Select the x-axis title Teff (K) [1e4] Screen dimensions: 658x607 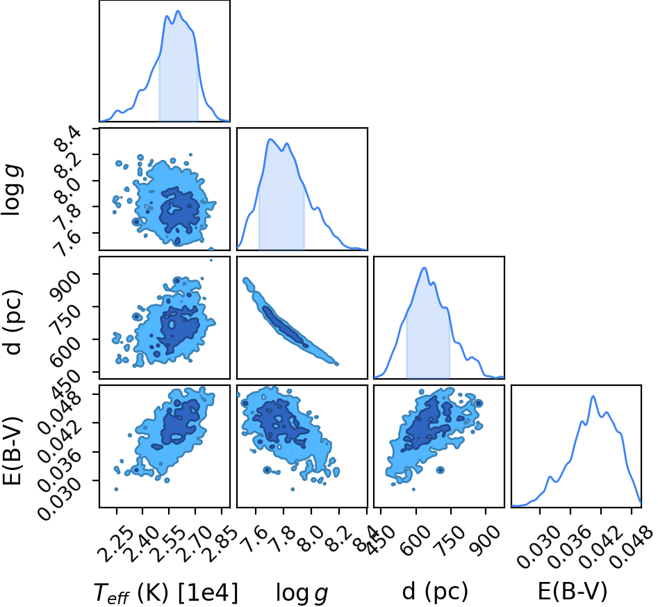165,593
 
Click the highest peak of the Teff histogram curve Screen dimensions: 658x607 178,11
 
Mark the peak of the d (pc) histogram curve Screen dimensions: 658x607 425,268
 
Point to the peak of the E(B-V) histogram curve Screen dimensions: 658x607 593,396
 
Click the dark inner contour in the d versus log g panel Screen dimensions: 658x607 285,327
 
